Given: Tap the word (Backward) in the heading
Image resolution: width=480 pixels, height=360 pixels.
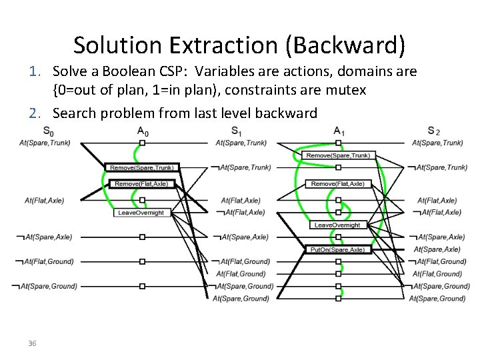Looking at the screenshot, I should point(353,45).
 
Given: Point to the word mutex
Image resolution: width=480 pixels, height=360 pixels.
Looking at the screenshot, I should point(346,89).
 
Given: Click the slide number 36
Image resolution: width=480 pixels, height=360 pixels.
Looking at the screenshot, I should point(31,343).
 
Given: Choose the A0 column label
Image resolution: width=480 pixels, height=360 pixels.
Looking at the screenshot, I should point(143,131).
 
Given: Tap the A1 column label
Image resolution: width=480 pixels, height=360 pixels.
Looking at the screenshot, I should point(339,131).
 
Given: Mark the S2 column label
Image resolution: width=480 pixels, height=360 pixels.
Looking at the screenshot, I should point(433,131).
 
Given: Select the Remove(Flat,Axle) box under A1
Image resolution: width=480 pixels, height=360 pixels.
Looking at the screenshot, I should point(337,183).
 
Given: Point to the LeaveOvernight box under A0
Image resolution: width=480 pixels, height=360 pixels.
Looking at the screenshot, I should point(141,212).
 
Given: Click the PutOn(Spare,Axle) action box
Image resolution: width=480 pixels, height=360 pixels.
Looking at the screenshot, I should point(337,249).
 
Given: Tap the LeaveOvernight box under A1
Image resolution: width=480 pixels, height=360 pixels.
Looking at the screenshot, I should point(337,225).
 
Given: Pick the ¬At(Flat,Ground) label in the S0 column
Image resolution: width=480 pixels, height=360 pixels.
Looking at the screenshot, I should point(45,261).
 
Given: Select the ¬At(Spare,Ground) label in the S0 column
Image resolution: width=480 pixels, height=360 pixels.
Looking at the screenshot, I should point(45,286).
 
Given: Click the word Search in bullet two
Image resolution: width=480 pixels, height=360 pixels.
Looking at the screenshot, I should point(75,113).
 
